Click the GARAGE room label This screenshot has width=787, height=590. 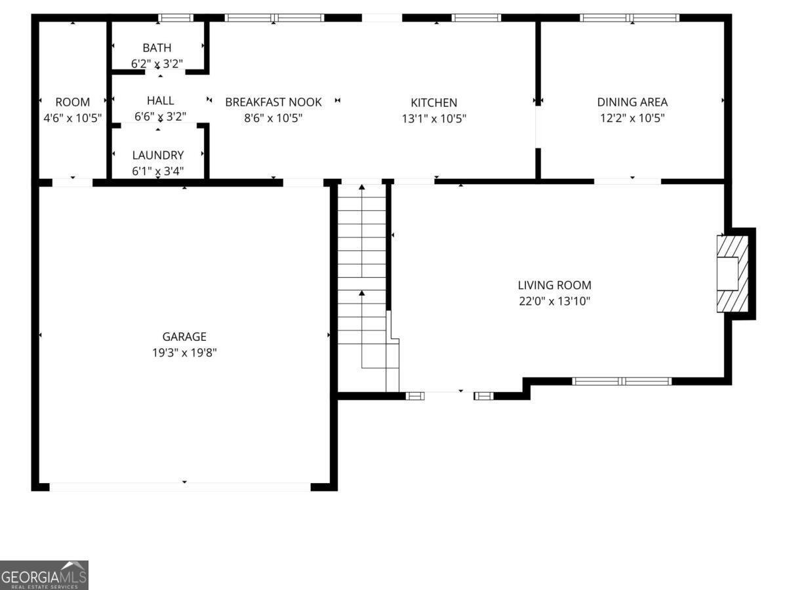point(184,337)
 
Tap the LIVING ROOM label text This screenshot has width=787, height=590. point(554,285)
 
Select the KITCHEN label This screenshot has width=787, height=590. point(434,103)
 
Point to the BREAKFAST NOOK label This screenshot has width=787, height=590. point(273,102)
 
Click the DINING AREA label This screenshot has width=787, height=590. point(632,102)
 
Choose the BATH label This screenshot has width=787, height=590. point(157,48)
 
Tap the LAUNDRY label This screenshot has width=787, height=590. point(158,155)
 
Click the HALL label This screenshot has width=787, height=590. point(160,101)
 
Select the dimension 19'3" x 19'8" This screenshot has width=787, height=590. point(184,353)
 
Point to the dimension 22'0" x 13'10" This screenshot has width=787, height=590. point(554,301)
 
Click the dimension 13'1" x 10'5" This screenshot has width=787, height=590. point(434,118)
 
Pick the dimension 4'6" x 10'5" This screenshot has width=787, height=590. point(72,117)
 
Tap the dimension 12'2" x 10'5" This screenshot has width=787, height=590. point(632,117)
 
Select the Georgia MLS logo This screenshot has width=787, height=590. point(44,575)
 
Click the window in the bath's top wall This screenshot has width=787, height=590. point(176,18)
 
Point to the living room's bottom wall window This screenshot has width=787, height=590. point(621,381)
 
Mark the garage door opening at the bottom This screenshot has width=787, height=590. point(180,486)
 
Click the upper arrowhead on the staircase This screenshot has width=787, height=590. point(362,187)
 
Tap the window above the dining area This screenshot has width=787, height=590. point(629,18)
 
